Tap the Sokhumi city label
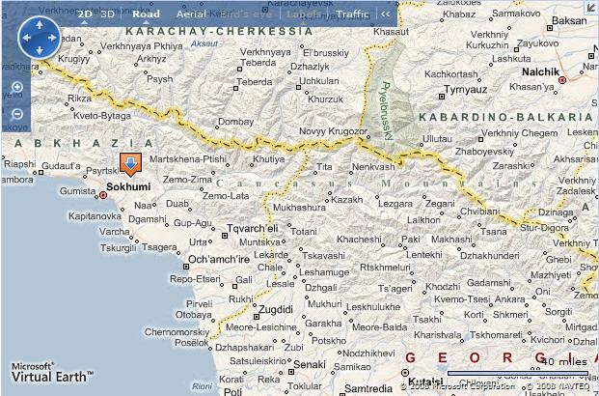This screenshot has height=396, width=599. tap(128, 186)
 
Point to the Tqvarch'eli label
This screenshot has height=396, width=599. tap(252, 228)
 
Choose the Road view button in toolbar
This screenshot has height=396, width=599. tap(147, 14)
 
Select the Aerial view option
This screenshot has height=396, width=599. tap(192, 14)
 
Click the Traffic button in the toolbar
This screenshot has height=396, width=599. tap(352, 14)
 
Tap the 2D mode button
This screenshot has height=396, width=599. tap(85, 14)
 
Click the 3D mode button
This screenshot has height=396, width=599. tap(109, 14)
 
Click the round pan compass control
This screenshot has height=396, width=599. tap(40, 38)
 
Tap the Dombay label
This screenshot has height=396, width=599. tap(235, 122)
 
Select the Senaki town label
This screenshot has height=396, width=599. tap(309, 364)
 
